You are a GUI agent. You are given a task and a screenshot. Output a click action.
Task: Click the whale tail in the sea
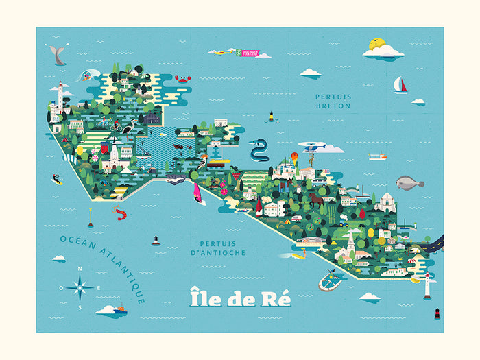[x=58, y=56]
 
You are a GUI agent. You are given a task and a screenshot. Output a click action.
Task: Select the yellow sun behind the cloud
[x=376, y=45]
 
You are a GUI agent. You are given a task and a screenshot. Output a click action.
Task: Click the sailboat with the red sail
[x=400, y=85]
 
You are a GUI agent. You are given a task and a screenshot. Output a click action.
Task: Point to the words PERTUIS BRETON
[x=333, y=101]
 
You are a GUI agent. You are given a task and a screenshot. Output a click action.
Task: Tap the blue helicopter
[x=312, y=147]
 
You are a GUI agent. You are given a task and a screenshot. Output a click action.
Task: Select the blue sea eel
[x=260, y=149]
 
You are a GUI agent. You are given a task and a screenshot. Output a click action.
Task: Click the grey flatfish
[x=409, y=182]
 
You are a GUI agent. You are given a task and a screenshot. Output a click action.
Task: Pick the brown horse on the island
[x=315, y=200]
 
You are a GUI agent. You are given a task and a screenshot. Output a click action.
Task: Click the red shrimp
[x=121, y=214]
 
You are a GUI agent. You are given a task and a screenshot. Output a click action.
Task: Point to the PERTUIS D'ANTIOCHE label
[x=223, y=248]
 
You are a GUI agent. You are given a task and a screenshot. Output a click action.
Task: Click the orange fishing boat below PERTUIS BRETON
[x=377, y=156]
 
